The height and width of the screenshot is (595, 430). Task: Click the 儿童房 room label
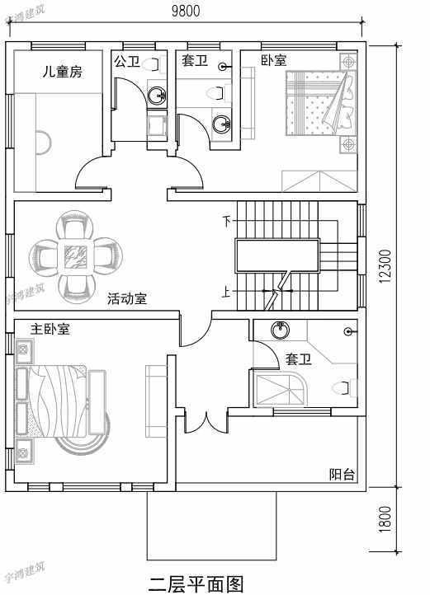(64, 72)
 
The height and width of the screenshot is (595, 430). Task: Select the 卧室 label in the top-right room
(273, 60)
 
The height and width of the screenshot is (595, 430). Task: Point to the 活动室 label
(127, 299)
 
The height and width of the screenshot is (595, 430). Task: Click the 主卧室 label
(50, 329)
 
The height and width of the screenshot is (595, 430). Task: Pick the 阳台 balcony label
(342, 474)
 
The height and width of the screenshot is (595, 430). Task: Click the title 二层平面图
(196, 583)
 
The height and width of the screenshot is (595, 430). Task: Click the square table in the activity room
(78, 255)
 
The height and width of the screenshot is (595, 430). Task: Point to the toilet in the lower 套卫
(341, 387)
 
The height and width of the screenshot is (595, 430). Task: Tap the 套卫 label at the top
(194, 61)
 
